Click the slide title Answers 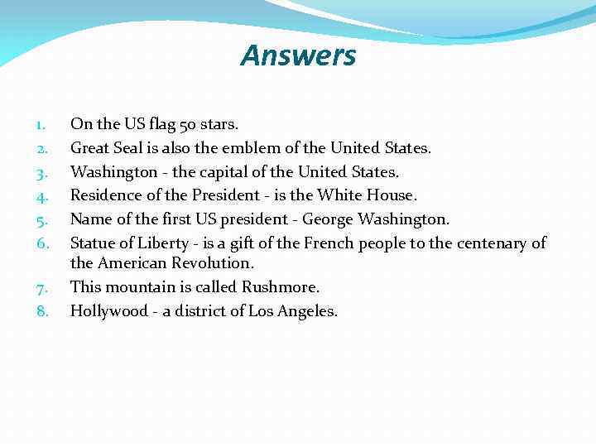point(298,55)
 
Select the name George point(329,219)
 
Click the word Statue point(93,243)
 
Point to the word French point(329,243)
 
